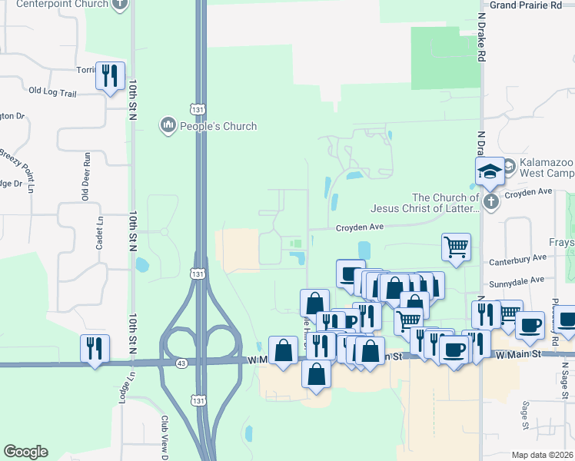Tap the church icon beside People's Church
168,125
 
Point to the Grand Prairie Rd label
526,5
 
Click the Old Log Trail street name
53,92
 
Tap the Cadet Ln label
99,231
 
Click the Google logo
25,452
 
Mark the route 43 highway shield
181,361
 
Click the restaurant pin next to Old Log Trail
109,76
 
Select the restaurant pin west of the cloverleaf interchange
95,349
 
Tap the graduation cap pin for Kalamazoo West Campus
490,171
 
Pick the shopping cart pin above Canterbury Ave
456,247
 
